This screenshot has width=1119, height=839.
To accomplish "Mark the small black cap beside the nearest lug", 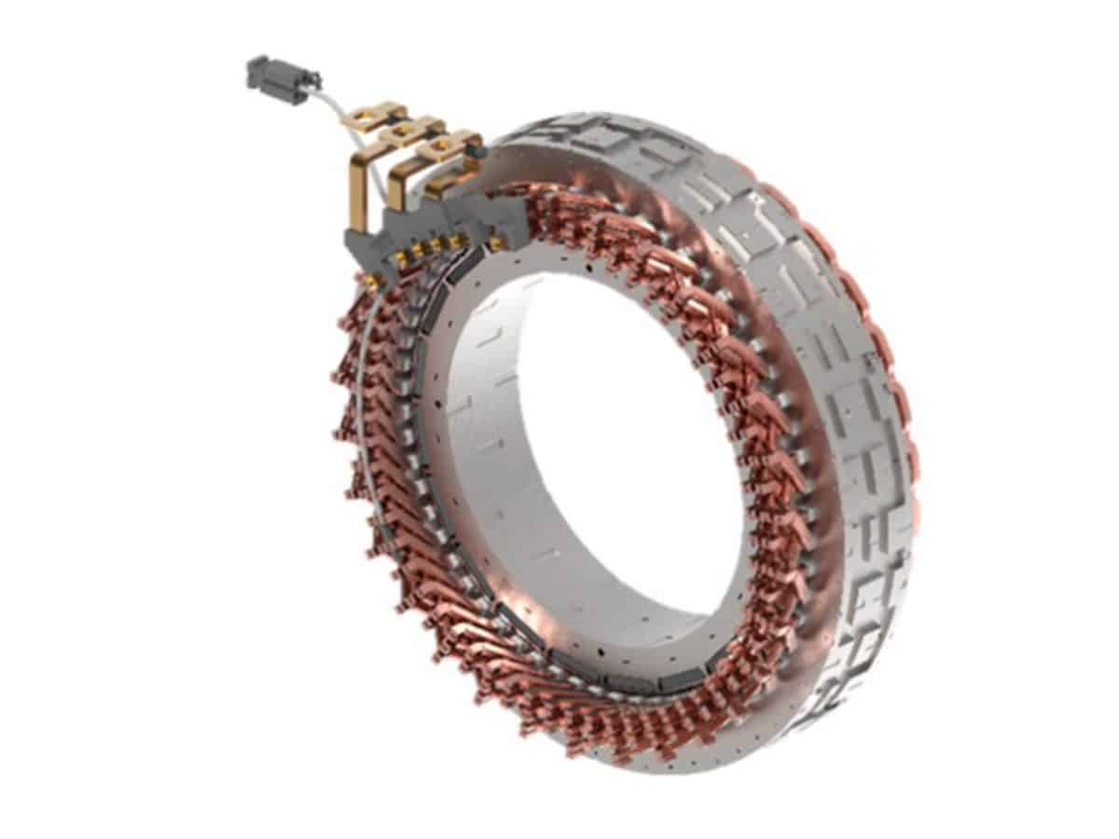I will coord(477,149).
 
